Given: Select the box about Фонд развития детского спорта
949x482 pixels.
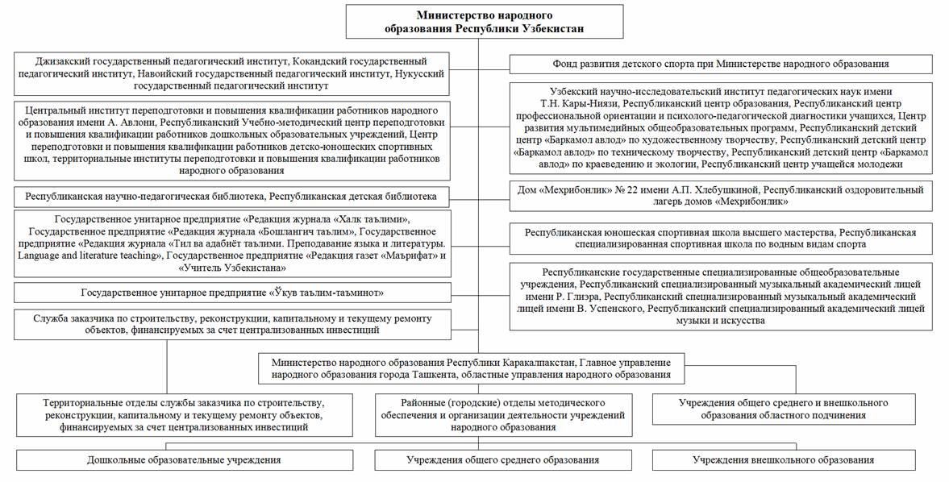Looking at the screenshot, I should tap(721, 64).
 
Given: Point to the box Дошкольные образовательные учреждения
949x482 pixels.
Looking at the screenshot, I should tap(184, 460).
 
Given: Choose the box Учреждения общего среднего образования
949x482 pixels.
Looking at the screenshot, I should tap(502, 460).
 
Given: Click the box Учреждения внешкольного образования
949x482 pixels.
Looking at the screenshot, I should tap(783, 460).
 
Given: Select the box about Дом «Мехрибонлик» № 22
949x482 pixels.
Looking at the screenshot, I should tap(721, 196).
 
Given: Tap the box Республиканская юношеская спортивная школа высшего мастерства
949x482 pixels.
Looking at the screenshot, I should tap(721, 238).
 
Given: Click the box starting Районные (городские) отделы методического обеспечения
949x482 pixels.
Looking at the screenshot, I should tap(502, 415).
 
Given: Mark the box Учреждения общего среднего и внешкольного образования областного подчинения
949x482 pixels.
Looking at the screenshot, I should tap(783, 409).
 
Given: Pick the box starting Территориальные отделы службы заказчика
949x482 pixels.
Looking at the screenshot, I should tap(184, 415).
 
